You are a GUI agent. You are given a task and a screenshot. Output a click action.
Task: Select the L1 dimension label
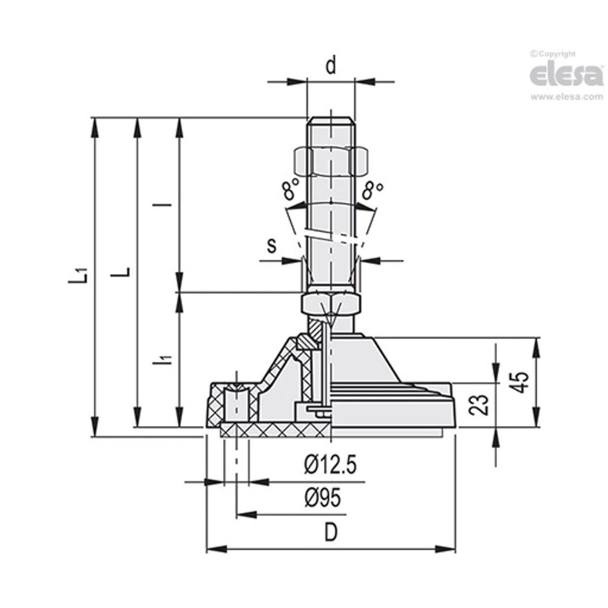(80, 275)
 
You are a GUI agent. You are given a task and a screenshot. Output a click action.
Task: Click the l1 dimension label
(167, 359)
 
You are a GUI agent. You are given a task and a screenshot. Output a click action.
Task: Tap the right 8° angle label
(373, 190)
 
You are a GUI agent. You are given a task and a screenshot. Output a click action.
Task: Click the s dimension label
(271, 246)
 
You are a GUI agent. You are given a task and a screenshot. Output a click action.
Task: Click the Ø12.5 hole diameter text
(330, 466)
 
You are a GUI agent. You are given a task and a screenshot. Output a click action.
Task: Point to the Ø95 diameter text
(323, 498)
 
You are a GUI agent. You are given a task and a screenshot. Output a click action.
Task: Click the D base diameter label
(331, 533)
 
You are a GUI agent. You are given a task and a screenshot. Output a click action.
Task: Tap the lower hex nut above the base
(331, 303)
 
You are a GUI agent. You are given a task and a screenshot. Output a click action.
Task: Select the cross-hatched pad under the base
(275, 430)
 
